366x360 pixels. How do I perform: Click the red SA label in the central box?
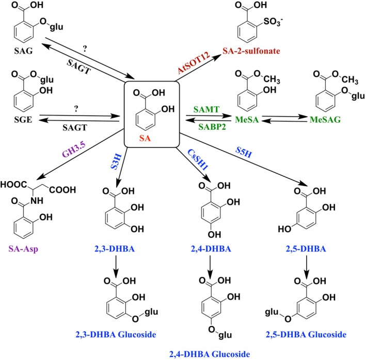[x=145, y=138]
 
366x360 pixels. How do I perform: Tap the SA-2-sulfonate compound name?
[x=251, y=51]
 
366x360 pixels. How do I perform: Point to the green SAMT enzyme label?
[x=206, y=109]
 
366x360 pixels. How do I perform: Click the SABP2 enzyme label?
[x=212, y=126]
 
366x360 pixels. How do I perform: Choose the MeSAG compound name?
[x=325, y=119]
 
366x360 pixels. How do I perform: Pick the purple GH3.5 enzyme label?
[x=74, y=150]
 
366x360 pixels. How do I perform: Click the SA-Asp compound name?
[x=23, y=249]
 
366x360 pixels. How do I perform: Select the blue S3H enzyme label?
[x=116, y=161]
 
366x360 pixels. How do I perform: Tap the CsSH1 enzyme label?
[x=198, y=159]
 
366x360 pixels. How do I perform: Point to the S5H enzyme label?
[x=244, y=152]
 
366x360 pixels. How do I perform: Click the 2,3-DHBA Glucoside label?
[x=116, y=335]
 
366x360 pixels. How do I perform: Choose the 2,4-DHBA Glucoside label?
[x=210, y=354]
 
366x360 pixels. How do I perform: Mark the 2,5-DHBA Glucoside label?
[x=306, y=335]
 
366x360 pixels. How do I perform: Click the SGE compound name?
[x=23, y=120]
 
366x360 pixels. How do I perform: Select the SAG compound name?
[x=23, y=51]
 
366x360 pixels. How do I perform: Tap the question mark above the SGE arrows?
[x=76, y=109]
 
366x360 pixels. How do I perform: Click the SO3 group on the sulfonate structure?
[x=273, y=22]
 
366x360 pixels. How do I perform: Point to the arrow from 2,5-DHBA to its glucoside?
[x=306, y=267]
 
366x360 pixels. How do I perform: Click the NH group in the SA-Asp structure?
[x=37, y=201]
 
